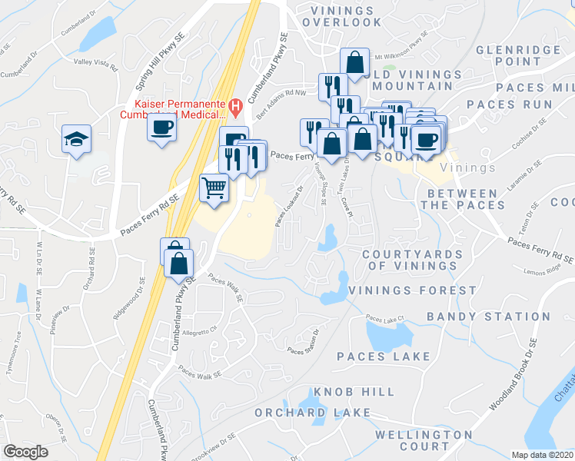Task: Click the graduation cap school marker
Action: coord(76,139)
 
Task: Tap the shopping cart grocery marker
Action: coord(214,187)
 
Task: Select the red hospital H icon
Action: coord(236,105)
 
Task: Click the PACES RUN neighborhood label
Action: coord(509,104)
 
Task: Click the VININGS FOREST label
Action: coord(412,290)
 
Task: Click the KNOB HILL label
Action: coord(358,392)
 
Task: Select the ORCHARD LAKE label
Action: coord(301,413)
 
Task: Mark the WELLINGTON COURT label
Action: coord(423,440)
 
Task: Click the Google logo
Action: coord(26,452)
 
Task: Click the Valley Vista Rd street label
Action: coord(95,65)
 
